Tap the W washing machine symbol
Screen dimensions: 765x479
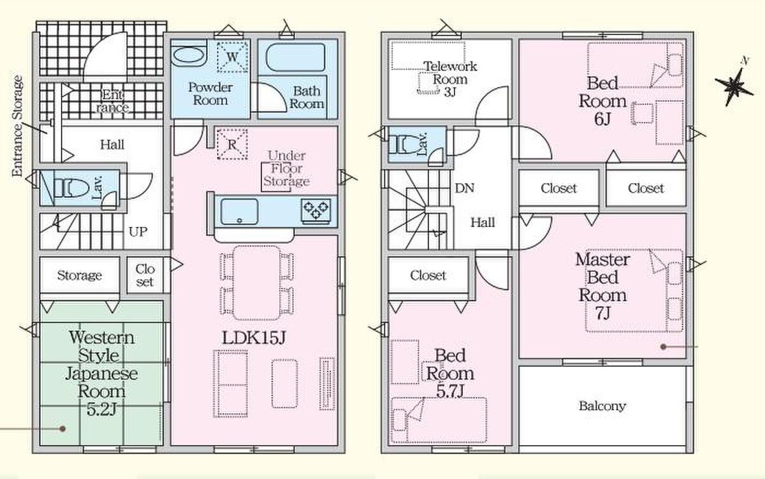pyautogui.click(x=232, y=57)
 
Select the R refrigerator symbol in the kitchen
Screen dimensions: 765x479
pyautogui.click(x=232, y=144)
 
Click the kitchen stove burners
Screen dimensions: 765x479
pyautogui.click(x=316, y=209)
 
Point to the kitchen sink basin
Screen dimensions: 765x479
pyautogui.click(x=239, y=212)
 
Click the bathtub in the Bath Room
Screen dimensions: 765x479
pyautogui.click(x=295, y=57)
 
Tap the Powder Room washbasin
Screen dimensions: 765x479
pyautogui.click(x=189, y=55)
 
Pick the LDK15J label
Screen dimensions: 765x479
pyautogui.click(x=254, y=338)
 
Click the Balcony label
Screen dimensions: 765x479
pyautogui.click(x=602, y=406)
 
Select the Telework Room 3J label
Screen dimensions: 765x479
pyautogui.click(x=450, y=79)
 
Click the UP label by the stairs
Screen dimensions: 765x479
pyautogui.click(x=138, y=232)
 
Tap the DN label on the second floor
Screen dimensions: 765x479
pyautogui.click(x=465, y=188)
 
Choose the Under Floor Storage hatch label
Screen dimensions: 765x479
pyautogui.click(x=286, y=168)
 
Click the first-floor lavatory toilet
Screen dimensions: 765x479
pyautogui.click(x=71, y=188)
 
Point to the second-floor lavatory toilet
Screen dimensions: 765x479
pyautogui.click(x=407, y=145)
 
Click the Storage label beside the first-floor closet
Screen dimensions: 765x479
pyautogui.click(x=80, y=276)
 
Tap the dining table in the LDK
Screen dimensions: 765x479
pyautogui.click(x=256, y=283)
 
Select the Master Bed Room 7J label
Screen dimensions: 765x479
pyautogui.click(x=602, y=286)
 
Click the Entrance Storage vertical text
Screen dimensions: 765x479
pyautogui.click(x=17, y=126)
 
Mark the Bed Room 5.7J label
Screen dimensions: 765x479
pyautogui.click(x=450, y=373)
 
